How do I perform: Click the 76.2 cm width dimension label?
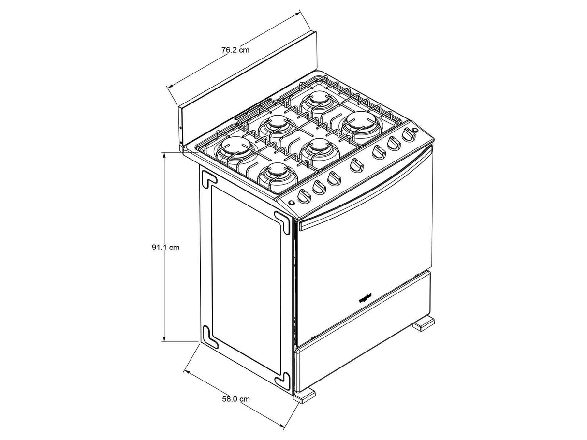235,50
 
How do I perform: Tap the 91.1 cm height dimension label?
165,247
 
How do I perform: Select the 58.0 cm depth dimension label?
236,399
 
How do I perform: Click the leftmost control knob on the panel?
303,196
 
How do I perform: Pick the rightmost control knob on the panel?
409,135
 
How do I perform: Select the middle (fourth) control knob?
356,165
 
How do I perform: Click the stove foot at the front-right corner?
423,323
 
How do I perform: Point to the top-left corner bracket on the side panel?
209,178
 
